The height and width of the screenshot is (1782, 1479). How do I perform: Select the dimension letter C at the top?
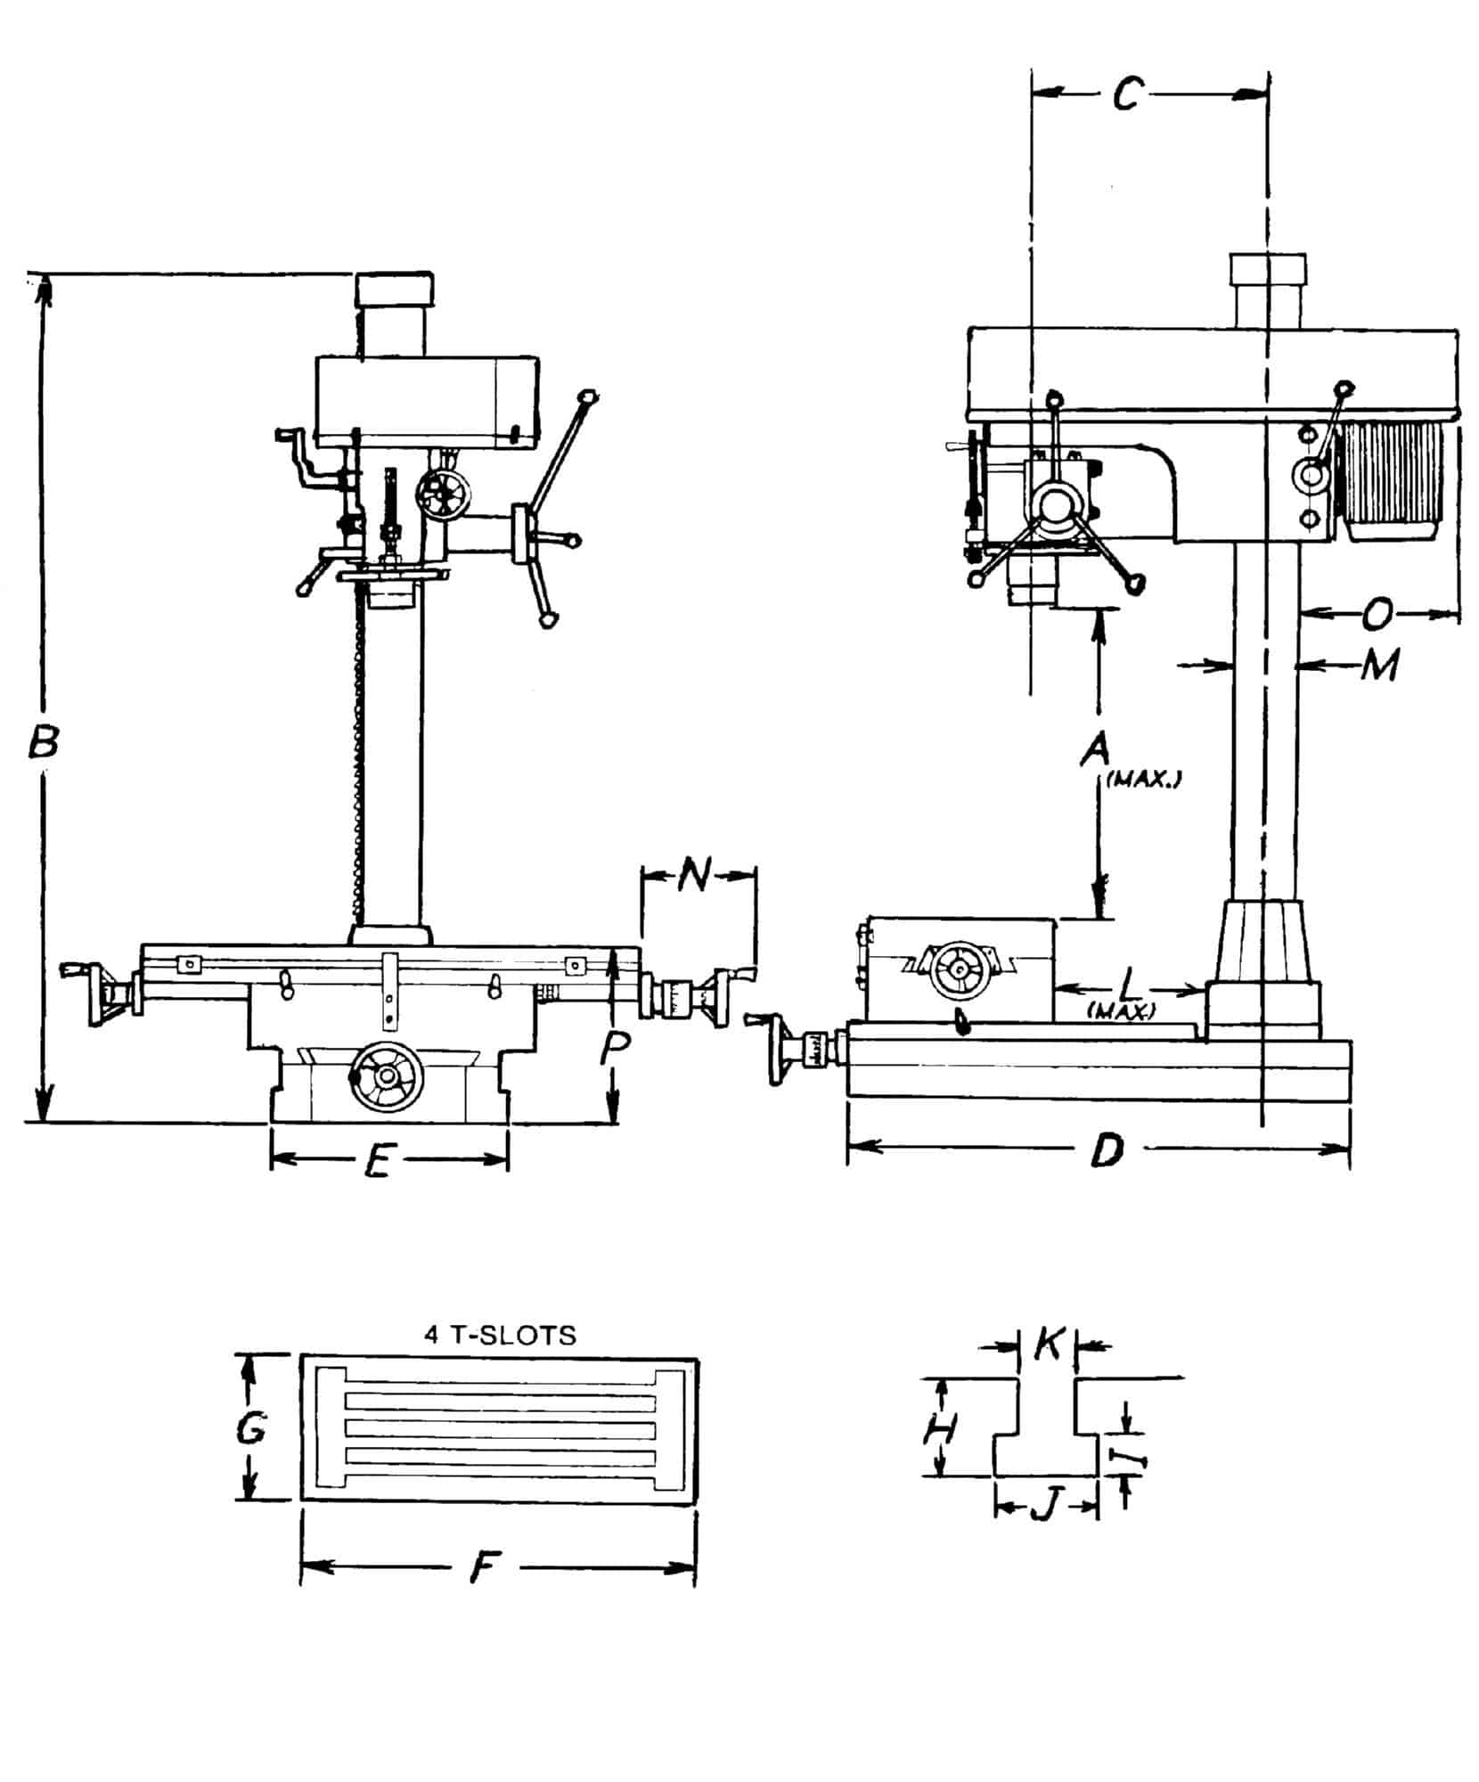click(x=1126, y=93)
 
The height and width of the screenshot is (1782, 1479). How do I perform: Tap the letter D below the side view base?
click(x=1107, y=1152)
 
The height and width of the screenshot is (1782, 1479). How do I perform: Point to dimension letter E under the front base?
click(x=380, y=1161)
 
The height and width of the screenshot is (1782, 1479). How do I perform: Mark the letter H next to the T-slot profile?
click(x=938, y=1432)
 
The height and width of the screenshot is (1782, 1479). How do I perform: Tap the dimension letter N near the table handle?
click(x=695, y=876)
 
